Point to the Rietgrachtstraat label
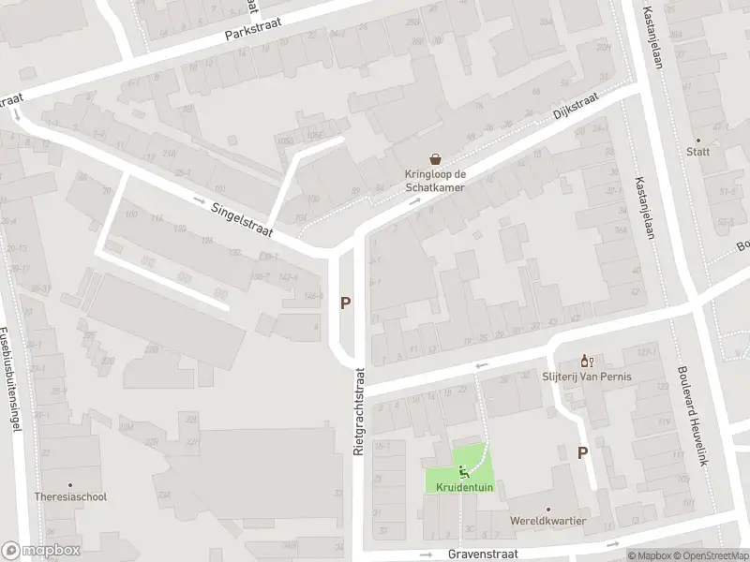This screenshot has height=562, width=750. coord(358,411)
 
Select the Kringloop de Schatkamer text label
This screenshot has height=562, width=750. coord(435,180)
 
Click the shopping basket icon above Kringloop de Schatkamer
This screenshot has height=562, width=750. coord(435,159)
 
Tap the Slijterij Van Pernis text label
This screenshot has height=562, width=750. coord(587,377)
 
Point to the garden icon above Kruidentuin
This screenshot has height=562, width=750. coord(463,470)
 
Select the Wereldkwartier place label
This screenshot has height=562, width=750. coord(548,521)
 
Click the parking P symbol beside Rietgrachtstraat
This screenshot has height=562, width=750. coord(346,303)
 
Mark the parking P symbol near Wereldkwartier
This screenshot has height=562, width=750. coord(582,452)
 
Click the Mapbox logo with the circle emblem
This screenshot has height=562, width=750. coord(40,551)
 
